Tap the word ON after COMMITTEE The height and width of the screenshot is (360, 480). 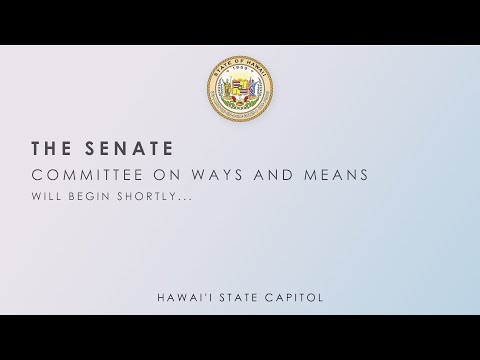click(x=154, y=177)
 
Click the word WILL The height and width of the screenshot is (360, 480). click(x=44, y=197)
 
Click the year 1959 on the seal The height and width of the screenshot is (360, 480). click(x=240, y=73)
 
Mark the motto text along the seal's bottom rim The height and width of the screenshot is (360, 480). click(x=240, y=121)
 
